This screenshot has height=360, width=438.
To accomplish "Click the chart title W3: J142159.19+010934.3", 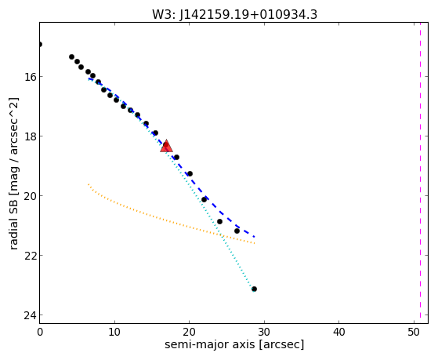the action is click(234, 14).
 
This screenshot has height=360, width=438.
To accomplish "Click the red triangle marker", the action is click(166, 146).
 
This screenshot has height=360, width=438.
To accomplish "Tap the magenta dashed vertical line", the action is click(420, 173).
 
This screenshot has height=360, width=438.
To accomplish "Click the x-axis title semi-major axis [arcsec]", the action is click(234, 344).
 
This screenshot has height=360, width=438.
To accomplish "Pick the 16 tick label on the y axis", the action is click(31, 76).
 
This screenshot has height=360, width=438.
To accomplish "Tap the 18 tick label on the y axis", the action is click(31, 136).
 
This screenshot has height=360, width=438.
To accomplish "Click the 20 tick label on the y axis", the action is click(31, 196).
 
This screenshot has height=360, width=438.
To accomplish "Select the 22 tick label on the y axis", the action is click(31, 256).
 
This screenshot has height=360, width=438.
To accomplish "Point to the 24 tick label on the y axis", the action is click(31, 315).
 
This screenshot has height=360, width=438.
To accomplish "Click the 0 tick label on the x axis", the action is click(40, 333).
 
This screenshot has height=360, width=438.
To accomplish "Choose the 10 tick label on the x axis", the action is click(114, 333).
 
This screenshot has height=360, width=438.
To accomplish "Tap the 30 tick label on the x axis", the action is click(264, 333).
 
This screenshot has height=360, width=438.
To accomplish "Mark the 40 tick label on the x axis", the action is click(338, 333).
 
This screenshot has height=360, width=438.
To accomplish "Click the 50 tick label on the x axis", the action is click(414, 333).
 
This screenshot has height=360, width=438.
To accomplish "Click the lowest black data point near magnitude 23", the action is click(254, 289).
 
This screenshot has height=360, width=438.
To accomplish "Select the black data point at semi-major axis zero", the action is click(40, 44).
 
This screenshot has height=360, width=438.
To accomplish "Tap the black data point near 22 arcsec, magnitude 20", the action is click(204, 199).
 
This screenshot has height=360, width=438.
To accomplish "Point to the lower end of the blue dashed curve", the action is click(254, 237).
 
